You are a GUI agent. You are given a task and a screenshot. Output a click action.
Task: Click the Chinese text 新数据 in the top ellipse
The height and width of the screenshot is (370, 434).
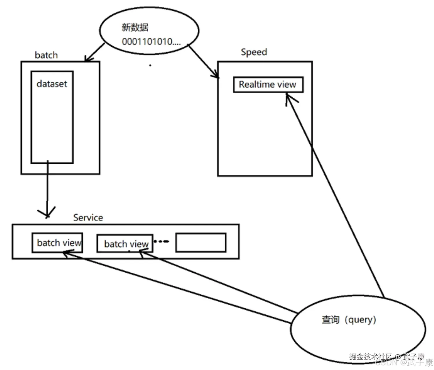pos(135,28)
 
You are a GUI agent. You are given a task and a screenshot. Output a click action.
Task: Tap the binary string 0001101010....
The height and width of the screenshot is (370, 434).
pos(151,42)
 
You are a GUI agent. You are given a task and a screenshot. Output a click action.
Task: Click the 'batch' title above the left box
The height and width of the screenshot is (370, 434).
pos(46,55)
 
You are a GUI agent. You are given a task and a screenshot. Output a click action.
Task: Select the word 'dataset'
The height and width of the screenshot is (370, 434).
pos(52,84)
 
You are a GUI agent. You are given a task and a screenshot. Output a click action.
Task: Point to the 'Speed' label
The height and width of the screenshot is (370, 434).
pos(254,52)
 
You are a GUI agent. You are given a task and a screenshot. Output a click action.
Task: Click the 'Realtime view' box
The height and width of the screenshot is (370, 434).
pos(268,85)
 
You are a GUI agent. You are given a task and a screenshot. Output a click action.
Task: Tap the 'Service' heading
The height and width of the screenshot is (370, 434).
pos(88,218)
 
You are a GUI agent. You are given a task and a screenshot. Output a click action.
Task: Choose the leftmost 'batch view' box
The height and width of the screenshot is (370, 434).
pos(57,243)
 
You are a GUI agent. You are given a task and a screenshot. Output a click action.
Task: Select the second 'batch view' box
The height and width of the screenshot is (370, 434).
pos(125,244)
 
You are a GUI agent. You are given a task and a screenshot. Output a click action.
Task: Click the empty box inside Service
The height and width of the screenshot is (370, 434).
pos(201,243)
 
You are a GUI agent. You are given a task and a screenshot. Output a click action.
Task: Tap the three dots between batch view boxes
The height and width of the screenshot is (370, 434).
pos(161,241)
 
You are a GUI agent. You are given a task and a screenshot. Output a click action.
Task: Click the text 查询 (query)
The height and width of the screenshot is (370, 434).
pos(349,320)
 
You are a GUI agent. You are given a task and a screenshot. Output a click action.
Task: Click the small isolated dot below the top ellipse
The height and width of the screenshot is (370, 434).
pos(150,65)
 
